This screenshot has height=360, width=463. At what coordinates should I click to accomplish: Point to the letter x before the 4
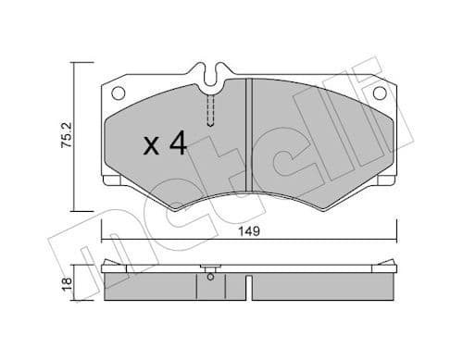[x=152, y=147]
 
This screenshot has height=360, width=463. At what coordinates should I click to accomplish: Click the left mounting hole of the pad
[x=118, y=93]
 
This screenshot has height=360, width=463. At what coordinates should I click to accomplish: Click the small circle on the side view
[x=213, y=274]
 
